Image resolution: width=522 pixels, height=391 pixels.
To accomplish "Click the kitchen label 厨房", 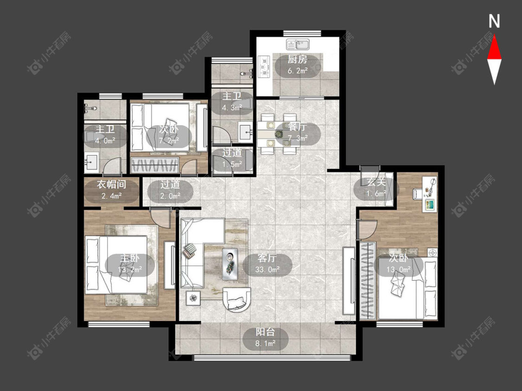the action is coord(297,59).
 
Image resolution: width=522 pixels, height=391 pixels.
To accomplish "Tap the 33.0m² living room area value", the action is coord(267,269).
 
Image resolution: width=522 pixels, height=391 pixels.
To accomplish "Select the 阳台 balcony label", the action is coord(265,332).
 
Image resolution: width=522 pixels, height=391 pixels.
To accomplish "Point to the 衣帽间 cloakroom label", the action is coord(111,184).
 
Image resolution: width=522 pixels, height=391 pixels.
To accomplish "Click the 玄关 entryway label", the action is coord(376,182).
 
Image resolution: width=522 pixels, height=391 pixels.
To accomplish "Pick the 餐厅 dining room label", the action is coord(297,126).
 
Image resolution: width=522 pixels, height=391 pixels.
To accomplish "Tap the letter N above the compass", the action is coord(494,21).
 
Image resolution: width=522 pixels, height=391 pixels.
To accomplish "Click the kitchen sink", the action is coord(297,44).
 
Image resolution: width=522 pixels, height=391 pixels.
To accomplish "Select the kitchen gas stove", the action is coord(264,67).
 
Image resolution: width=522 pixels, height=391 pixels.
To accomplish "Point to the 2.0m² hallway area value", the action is coord(170,196).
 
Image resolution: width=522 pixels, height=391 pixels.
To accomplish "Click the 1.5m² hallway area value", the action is coord(232,164).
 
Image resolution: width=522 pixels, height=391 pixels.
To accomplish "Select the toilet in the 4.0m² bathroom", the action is coord(90,137).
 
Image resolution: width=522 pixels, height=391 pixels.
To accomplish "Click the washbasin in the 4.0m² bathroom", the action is coord(91,162).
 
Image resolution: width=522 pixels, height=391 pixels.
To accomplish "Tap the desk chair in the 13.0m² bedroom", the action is coord(418,194).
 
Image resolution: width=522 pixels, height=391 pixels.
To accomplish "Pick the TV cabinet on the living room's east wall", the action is coord(349,280).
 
